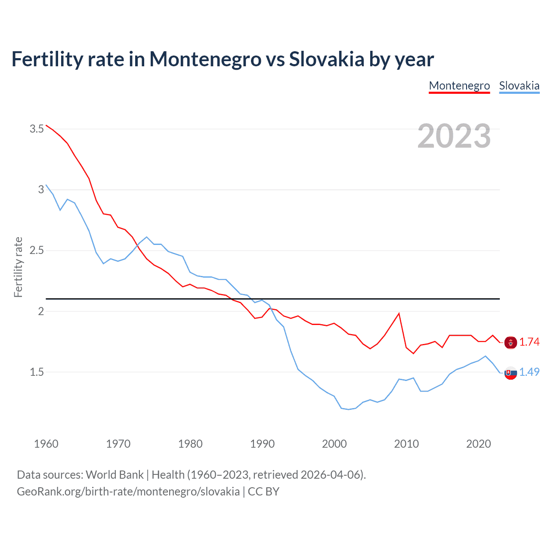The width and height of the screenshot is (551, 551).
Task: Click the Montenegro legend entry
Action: tap(459, 86)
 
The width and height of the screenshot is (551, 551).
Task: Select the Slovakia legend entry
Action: tap(519, 86)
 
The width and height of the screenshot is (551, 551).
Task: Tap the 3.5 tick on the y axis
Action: tap(37, 129)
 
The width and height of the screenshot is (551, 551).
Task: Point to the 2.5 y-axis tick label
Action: tap(37, 251)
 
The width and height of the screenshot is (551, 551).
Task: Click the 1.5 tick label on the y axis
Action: tap(37, 372)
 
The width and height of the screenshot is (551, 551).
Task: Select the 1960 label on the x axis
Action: tap(46, 444)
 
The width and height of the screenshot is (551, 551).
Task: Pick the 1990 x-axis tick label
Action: tap(262, 444)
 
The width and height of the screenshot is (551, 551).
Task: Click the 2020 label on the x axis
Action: tap(478, 444)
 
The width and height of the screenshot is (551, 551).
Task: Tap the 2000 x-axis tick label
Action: tap(334, 444)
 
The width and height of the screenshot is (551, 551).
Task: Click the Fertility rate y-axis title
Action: tap(18, 267)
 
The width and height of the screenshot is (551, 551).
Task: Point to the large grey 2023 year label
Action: tap(454, 136)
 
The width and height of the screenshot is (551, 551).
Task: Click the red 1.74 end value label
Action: tap(529, 342)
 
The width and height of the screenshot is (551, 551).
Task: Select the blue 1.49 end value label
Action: tap(529, 372)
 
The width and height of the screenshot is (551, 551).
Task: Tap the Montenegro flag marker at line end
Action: tap(511, 343)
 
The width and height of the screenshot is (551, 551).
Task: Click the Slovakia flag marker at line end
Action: tap(511, 373)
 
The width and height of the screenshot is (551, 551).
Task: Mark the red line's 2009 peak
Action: tap(399, 313)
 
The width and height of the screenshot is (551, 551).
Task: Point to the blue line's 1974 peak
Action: tap(147, 237)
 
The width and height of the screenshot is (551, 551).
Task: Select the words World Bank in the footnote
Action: tap(115, 474)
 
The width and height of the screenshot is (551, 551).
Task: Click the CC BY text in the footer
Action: tap(263, 491)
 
